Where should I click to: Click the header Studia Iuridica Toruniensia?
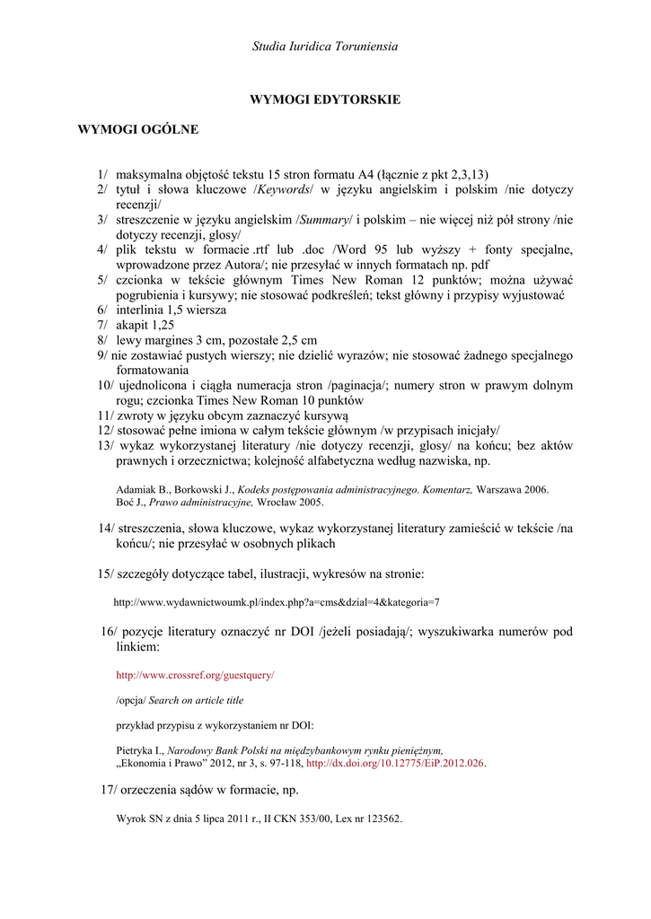325,45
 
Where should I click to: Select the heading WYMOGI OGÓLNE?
138,129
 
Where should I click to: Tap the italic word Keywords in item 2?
285,189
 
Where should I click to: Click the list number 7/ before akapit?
103,324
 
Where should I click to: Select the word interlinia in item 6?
141,309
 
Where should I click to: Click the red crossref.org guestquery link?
195,673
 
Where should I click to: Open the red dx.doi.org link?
395,763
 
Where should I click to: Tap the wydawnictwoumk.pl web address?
276,601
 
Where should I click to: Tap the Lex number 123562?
382,818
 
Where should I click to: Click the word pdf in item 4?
480,265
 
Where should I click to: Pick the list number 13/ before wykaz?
105,446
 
